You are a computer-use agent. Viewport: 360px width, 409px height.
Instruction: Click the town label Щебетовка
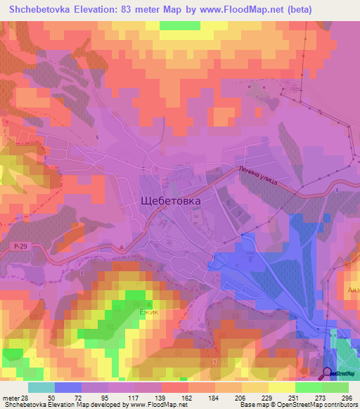click(171, 200)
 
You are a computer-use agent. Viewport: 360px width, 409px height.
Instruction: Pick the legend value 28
click(25, 397)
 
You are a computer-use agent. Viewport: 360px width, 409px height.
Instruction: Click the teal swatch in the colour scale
click(41, 387)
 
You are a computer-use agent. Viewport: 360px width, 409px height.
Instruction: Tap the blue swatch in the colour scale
click(68, 387)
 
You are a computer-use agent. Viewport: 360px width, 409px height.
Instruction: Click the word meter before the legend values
click(10, 397)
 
